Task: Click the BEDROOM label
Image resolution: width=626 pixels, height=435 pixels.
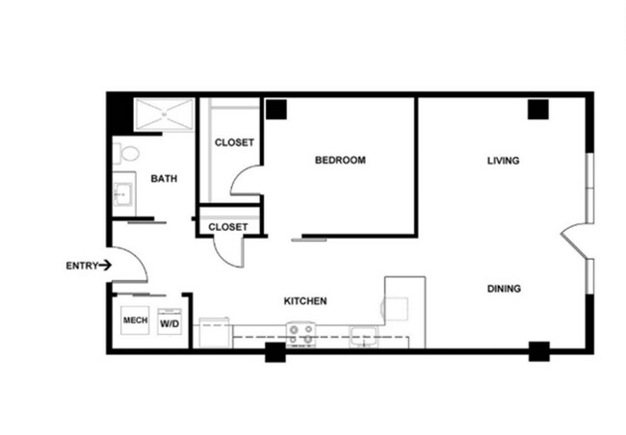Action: pyautogui.click(x=340, y=160)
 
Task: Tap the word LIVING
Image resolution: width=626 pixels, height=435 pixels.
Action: pyautogui.click(x=503, y=160)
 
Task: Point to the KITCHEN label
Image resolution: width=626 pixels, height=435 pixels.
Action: pyautogui.click(x=304, y=301)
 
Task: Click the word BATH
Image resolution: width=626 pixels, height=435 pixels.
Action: pyautogui.click(x=164, y=178)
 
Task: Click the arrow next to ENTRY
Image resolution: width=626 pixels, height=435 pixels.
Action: pyautogui.click(x=105, y=265)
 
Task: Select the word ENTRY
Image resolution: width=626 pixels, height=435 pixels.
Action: pyautogui.click(x=81, y=265)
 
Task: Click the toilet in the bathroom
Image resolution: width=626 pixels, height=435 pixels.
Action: pyautogui.click(x=126, y=152)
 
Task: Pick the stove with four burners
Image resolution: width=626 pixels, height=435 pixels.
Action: pyautogui.click(x=301, y=334)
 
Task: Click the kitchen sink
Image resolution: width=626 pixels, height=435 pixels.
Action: pyautogui.click(x=363, y=336)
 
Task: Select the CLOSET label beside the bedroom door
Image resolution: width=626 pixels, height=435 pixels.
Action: pyautogui.click(x=234, y=142)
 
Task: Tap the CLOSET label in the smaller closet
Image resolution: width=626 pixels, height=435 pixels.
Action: pyautogui.click(x=228, y=227)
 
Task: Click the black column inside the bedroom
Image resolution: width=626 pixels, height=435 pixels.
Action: pyautogui.click(x=277, y=109)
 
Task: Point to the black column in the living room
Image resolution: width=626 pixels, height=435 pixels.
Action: pyautogui.click(x=537, y=109)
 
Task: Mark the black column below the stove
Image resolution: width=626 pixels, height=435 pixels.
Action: pyautogui.click(x=275, y=351)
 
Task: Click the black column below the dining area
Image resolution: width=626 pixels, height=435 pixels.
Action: pyautogui.click(x=538, y=351)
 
